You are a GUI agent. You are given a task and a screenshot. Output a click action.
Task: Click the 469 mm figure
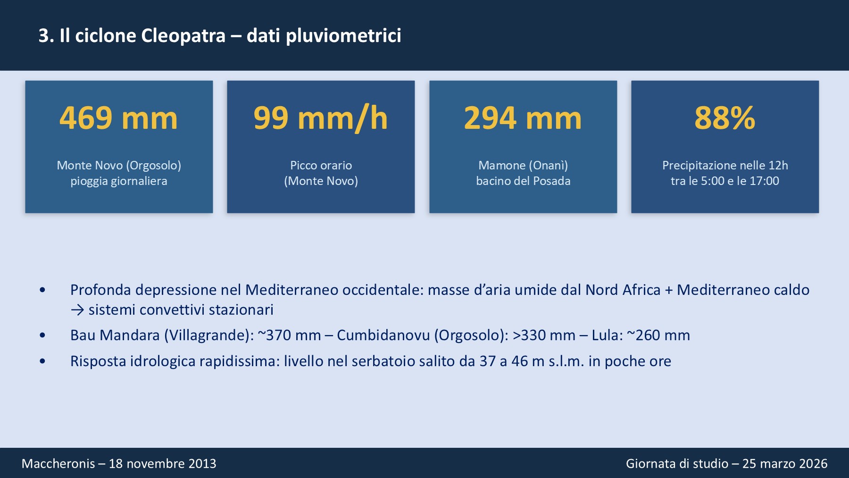(x=118, y=118)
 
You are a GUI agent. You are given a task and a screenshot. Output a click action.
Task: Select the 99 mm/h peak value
(x=320, y=118)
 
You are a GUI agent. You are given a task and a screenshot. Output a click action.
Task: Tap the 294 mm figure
(x=523, y=118)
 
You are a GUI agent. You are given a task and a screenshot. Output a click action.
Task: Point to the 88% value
(x=724, y=118)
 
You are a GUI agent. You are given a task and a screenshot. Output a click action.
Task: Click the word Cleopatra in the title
(x=183, y=36)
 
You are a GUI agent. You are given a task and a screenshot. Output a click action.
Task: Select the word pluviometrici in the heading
(x=343, y=36)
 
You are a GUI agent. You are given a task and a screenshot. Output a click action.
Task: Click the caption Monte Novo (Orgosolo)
(x=119, y=165)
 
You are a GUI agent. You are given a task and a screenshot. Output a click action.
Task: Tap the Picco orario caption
(x=321, y=165)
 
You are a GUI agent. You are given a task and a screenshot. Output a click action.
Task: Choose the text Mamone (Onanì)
(x=523, y=165)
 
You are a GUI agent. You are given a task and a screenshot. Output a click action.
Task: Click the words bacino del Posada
(x=523, y=181)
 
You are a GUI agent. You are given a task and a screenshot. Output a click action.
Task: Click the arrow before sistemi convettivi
(x=77, y=310)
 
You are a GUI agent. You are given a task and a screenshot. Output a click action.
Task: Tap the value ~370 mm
(x=289, y=335)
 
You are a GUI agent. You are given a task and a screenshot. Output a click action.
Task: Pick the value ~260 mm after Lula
(x=658, y=335)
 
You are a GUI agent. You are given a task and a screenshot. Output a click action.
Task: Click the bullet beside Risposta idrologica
(x=42, y=361)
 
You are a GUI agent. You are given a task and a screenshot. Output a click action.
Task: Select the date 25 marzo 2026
(x=785, y=463)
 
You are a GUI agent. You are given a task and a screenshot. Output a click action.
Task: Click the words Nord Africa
(x=623, y=290)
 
